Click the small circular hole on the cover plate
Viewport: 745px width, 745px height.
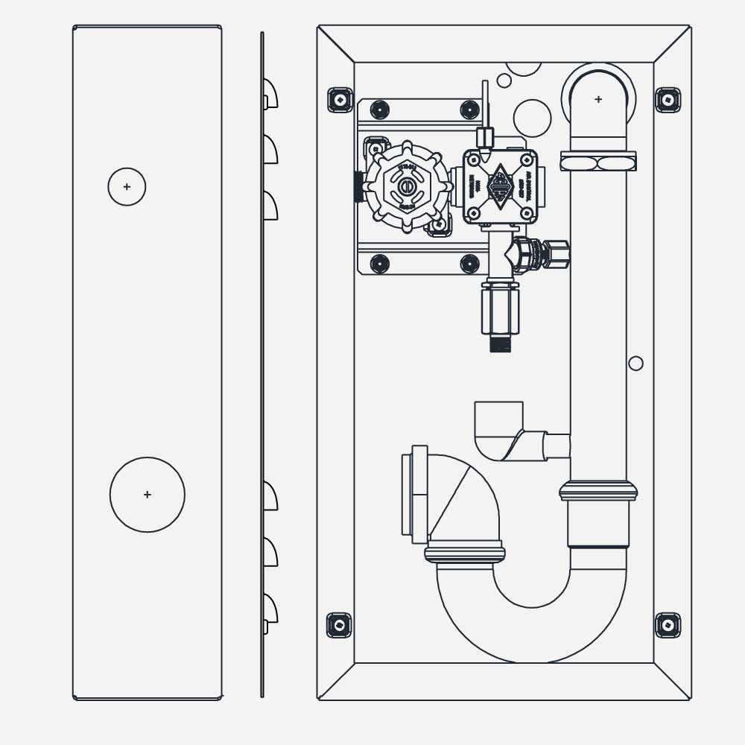[x=127, y=186]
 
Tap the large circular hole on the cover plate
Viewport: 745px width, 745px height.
[x=148, y=495]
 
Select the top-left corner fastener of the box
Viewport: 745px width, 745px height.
[x=340, y=100]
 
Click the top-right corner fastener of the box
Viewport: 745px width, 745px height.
[x=668, y=100]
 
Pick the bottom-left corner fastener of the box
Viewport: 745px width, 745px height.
[x=340, y=624]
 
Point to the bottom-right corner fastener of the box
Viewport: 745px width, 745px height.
[x=668, y=624]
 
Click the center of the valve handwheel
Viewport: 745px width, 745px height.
[x=407, y=186]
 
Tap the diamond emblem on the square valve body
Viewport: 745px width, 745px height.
[x=500, y=186]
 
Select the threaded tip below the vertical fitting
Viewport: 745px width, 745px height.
[x=500, y=343]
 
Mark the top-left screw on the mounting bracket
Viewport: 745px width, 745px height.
[x=380, y=110]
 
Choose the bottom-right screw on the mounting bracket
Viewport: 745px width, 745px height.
[x=469, y=263]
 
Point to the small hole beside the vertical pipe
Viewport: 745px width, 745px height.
[x=635, y=364]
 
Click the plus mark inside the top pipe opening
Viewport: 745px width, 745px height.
[x=598, y=99]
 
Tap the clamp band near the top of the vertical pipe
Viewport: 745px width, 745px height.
[x=598, y=161]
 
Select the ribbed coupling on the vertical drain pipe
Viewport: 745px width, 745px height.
[x=598, y=490]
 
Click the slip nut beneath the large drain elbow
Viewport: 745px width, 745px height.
[x=465, y=553]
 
